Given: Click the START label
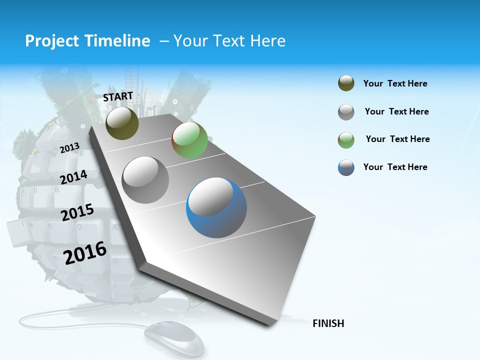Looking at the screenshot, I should pos(118,96).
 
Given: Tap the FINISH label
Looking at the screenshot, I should pos(328,323).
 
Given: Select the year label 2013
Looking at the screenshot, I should pos(69,148).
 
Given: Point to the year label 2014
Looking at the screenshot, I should pos(73,177).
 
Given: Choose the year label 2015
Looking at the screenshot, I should pos(77,212).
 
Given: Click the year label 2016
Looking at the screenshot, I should pos(85,252).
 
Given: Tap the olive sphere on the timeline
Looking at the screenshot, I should pos(122,123).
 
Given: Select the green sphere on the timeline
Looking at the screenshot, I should pos(189,140).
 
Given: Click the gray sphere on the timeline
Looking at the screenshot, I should pos(145,179).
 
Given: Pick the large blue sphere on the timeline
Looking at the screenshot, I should pos(216,207).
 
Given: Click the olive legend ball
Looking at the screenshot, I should pos(346,83).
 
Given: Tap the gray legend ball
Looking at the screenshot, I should pos(346,112).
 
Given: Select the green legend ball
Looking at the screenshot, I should pos(346,139).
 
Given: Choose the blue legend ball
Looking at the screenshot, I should pos(346,167).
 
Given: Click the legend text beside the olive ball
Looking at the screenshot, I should pos(395,83).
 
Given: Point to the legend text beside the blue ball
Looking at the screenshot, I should pos(395,167).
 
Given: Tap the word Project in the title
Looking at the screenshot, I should pos(50,41).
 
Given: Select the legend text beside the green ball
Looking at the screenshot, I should pos(397,139).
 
